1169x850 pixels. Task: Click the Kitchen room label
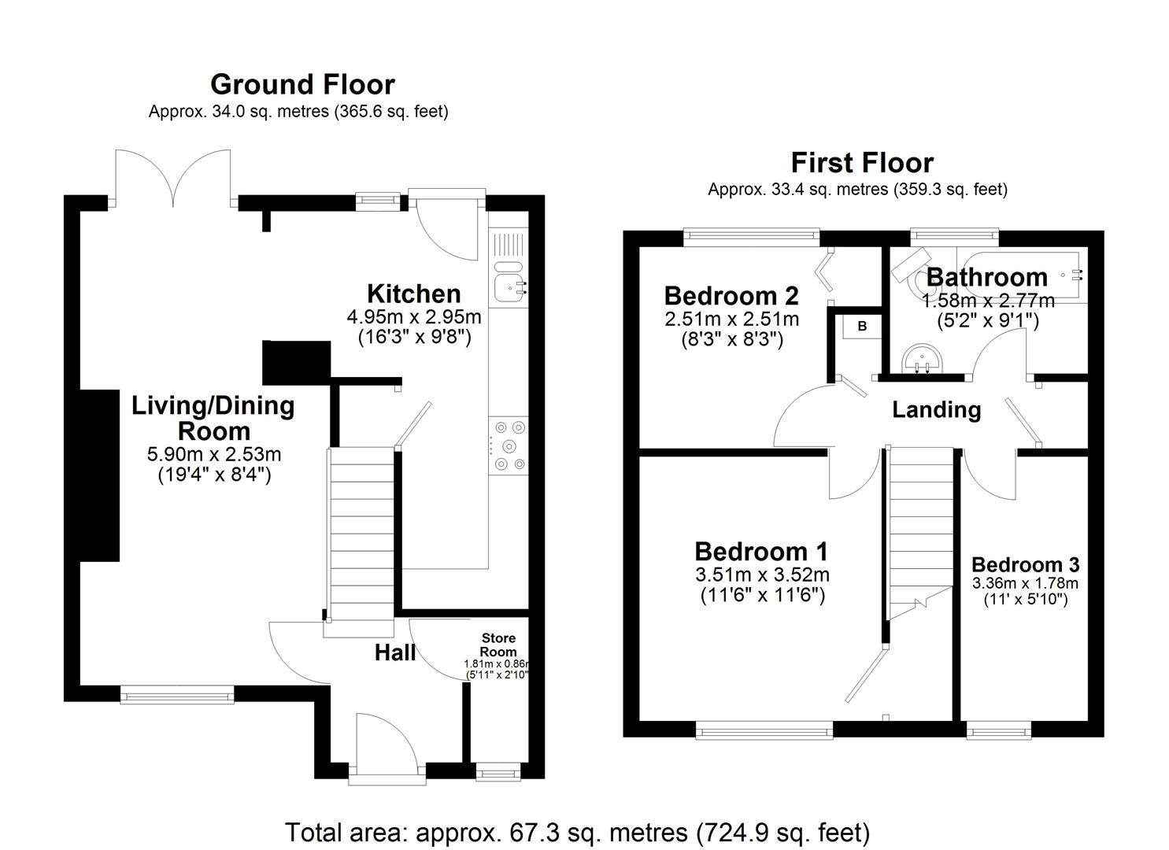[414, 294]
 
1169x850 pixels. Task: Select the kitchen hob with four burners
[509, 446]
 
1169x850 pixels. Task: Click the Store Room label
[498, 645]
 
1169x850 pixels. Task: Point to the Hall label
[395, 652]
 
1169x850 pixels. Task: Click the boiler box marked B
[862, 326]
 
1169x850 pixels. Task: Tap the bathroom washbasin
[922, 360]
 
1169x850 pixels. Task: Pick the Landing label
[936, 410]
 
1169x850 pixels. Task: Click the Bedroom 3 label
[1025, 565]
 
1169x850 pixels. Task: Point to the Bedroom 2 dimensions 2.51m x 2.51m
[732, 320]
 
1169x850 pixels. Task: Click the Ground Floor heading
[302, 84]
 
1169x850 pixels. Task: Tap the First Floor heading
[862, 163]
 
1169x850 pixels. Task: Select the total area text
[577, 832]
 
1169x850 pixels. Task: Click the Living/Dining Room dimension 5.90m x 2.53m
[214, 454]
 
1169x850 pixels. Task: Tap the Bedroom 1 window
[764, 732]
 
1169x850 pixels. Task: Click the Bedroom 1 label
[761, 552]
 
